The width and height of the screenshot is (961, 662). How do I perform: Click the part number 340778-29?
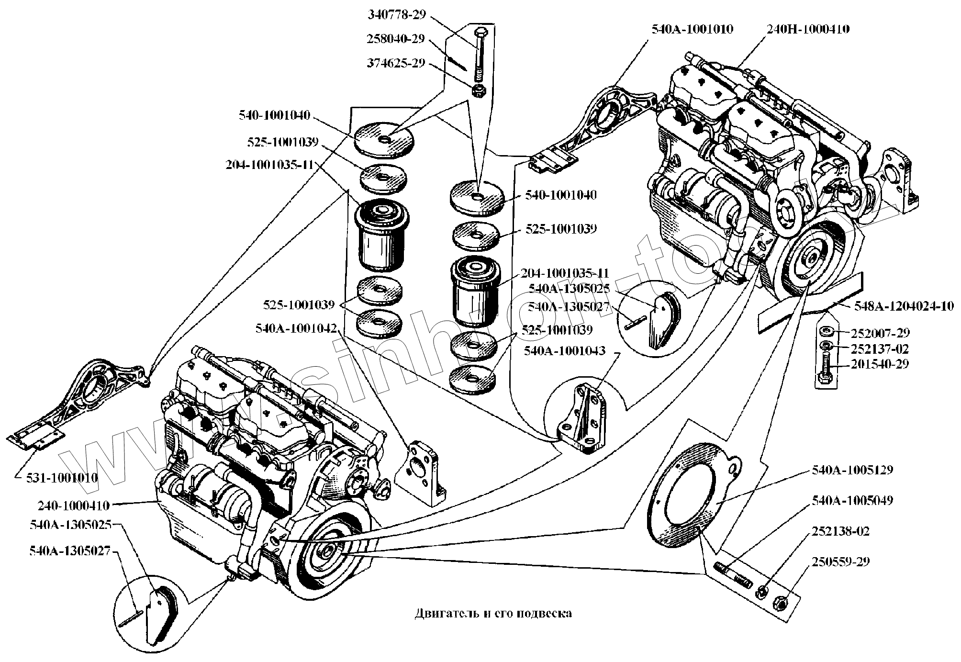pyautogui.click(x=396, y=14)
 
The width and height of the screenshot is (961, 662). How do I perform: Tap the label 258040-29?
pyautogui.click(x=396, y=39)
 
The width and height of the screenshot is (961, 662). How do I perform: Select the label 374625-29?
pyautogui.click(x=396, y=64)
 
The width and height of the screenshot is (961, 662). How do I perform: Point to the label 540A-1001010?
pyautogui.click(x=692, y=29)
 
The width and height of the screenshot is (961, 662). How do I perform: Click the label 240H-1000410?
pyautogui.click(x=808, y=29)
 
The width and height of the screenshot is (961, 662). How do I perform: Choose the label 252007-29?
pyautogui.click(x=880, y=333)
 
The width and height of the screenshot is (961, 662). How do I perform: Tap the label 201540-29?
pyautogui.click(x=880, y=364)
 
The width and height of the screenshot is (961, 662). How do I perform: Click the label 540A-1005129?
pyautogui.click(x=852, y=470)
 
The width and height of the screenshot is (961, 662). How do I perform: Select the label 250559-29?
pyautogui.click(x=840, y=561)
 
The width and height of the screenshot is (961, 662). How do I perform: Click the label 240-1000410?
pyautogui.click(x=74, y=505)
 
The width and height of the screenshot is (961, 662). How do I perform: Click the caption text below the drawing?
pyautogui.click(x=493, y=613)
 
